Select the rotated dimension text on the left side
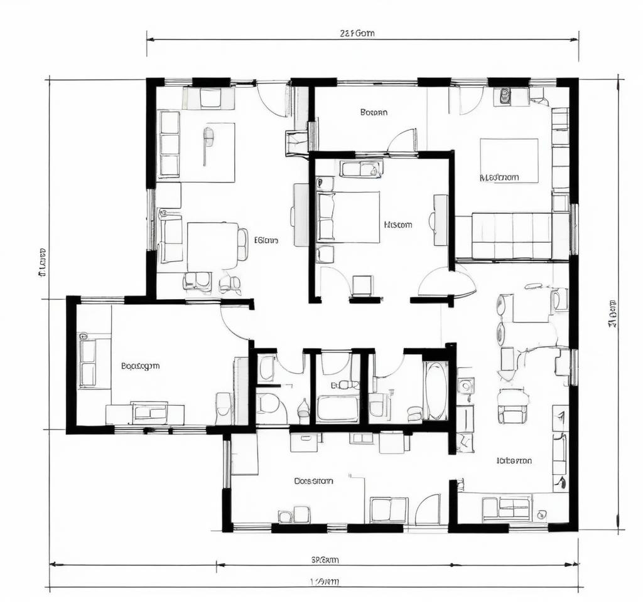click(42, 262)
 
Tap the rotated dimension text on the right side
click(612, 314)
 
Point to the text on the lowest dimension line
click(325, 581)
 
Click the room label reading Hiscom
click(397, 224)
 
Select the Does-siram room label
click(313, 481)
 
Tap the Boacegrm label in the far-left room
click(140, 366)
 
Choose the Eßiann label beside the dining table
click(266, 240)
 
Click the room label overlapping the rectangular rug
click(499, 177)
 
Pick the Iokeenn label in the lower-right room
click(514, 460)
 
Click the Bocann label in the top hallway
click(374, 113)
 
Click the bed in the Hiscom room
click(349, 216)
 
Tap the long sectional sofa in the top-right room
click(512, 235)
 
